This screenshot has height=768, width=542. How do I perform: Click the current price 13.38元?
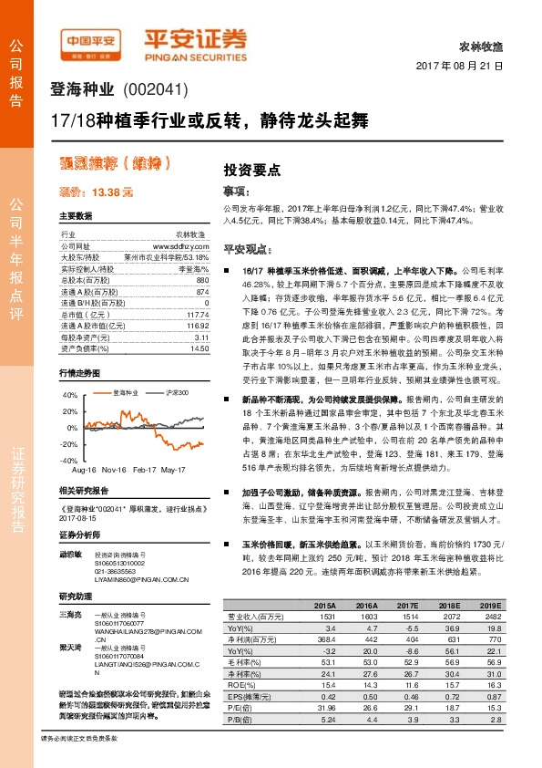point(96,193)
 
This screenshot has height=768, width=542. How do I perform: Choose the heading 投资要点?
point(251,170)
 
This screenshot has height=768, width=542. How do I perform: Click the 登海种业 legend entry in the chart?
point(125,392)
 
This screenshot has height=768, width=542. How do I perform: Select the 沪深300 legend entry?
point(178,392)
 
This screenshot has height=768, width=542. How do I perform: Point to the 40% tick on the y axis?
point(69,397)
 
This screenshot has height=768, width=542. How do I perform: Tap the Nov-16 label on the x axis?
point(114,470)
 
